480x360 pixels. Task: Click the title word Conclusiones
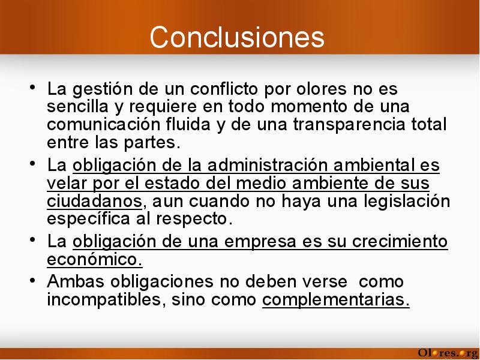237,37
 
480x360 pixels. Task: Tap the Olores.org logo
448,353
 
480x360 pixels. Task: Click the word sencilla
78,107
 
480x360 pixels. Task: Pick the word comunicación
103,125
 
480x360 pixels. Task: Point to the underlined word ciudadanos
95,202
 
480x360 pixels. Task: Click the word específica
88,219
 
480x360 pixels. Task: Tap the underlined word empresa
260,242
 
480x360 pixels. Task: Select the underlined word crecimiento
400,241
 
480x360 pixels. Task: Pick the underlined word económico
95,260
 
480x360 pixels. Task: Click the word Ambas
76,281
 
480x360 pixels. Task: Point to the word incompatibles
104,299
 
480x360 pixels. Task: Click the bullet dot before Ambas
32,280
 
